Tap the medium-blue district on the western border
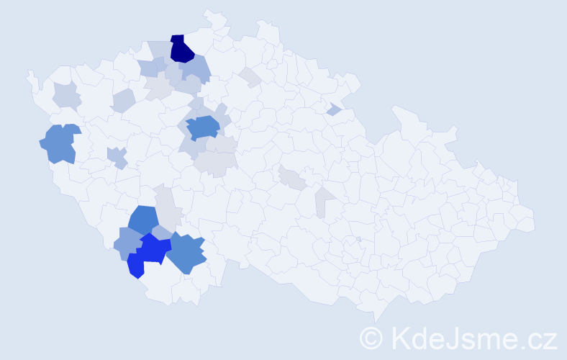pos(60,143)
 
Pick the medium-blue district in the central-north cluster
pos(203,127)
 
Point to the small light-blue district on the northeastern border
pos(333,109)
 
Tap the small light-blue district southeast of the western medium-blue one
pos(117,156)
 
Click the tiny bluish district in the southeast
pos(358,239)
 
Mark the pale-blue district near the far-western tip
pos(66,94)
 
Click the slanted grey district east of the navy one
pos(250,77)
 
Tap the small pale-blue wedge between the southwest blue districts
pos(162,232)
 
